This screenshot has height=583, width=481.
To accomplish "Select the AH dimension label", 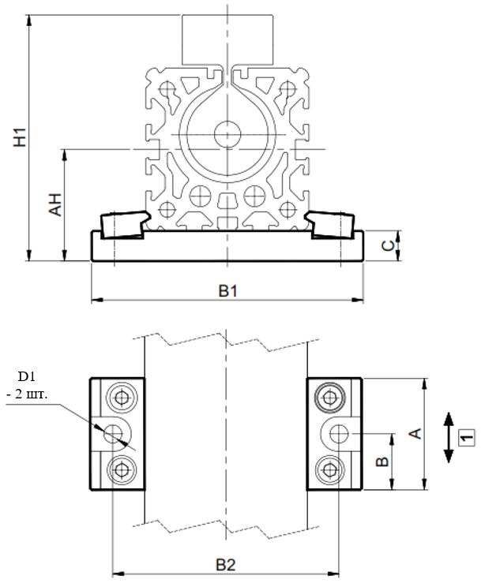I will click(x=54, y=204).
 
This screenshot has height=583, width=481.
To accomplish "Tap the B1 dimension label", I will click(x=228, y=290).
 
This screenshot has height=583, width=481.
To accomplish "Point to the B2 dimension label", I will click(x=227, y=565).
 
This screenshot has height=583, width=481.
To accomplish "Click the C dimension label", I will click(x=389, y=245).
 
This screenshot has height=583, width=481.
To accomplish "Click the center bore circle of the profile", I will click(x=227, y=132).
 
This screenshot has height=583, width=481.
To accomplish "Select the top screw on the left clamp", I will click(x=121, y=396).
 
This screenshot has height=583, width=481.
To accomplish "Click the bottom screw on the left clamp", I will click(x=121, y=471).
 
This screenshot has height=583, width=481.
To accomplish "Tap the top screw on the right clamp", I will click(x=328, y=396).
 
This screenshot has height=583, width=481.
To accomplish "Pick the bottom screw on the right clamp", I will click(x=328, y=471).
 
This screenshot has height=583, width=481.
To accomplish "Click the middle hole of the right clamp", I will click(x=339, y=433).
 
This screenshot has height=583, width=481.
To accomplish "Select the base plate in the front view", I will click(x=227, y=246).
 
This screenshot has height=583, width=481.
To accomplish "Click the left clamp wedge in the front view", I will click(x=122, y=223).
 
